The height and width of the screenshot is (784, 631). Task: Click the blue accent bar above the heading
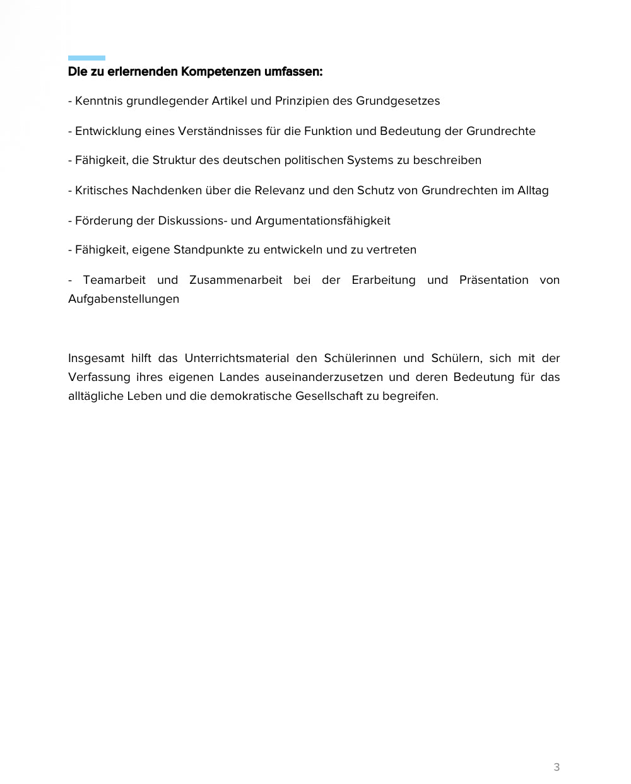(x=86, y=58)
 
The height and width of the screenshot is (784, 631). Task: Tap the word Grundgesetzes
(x=398, y=101)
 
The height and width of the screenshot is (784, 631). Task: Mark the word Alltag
(x=533, y=190)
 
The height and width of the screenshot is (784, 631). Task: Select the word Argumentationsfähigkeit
(x=322, y=221)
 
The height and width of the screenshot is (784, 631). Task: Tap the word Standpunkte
(x=208, y=250)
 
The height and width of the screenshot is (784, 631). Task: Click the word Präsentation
(x=493, y=280)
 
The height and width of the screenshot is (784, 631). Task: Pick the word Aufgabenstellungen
(x=124, y=299)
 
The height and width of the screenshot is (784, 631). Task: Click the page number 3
(x=557, y=767)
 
